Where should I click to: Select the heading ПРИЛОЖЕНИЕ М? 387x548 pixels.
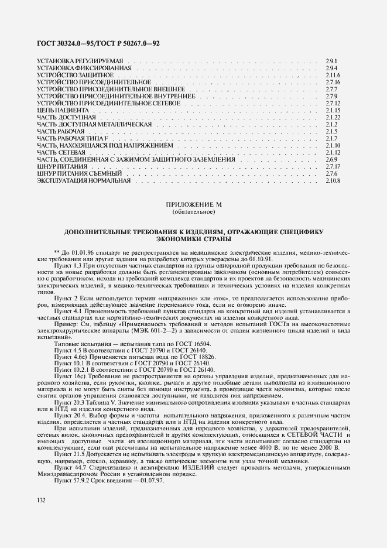point(193,204)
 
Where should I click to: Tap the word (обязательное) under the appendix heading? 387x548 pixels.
point(193,211)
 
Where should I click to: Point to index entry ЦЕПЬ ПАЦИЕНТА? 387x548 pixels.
point(63,110)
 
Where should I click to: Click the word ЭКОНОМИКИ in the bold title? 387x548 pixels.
point(179,239)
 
